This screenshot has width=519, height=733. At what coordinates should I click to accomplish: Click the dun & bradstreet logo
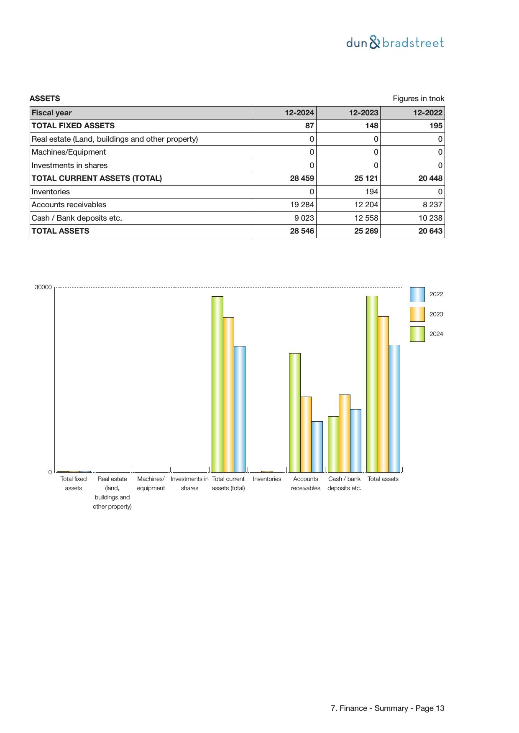tap(395, 43)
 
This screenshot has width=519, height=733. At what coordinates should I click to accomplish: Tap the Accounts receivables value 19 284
tap(302, 205)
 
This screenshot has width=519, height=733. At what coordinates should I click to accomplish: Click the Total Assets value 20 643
tap(430, 231)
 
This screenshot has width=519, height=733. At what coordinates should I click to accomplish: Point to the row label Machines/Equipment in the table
tap(69, 152)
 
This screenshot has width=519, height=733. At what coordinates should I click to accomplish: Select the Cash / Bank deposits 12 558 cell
tap(366, 218)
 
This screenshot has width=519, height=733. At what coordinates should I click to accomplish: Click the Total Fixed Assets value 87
tap(309, 126)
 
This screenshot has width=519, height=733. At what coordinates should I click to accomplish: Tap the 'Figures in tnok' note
tap(418, 99)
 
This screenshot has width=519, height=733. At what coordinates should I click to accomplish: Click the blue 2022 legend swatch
tap(417, 295)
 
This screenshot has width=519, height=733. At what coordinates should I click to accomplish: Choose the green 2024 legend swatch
tap(417, 334)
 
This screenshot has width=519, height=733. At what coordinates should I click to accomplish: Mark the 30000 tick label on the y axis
tap(43, 288)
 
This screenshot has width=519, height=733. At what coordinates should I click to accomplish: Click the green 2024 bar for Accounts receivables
tap(294, 412)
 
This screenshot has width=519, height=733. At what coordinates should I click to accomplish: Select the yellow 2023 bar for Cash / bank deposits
tap(344, 433)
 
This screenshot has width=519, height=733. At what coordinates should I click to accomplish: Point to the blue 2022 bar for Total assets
tap(394, 408)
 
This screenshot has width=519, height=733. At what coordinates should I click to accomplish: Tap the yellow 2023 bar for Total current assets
tap(228, 394)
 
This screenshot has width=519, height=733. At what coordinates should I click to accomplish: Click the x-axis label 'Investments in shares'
tap(189, 484)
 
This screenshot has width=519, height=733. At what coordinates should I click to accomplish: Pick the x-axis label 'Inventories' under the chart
tap(267, 479)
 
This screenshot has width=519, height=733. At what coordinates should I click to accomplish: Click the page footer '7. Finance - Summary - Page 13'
tap(387, 708)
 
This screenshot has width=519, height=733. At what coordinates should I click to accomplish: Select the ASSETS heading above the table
tap(45, 99)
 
